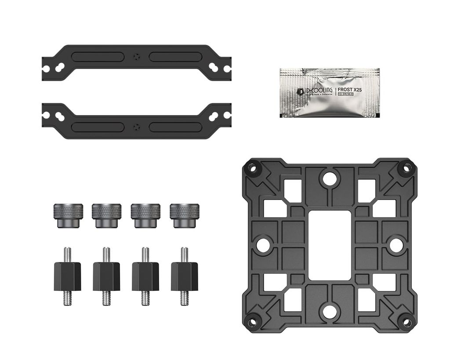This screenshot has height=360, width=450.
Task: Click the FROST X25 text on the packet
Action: [350, 90]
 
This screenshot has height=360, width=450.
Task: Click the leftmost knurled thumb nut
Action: [68, 215]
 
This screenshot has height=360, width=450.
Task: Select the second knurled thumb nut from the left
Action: [106, 215]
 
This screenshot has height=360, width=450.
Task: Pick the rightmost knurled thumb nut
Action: [185, 215]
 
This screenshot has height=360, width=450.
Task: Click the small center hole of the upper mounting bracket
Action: [137, 56]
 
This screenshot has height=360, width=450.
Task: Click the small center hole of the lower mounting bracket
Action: [137, 127]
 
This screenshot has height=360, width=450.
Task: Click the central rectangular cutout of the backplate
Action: [330, 245]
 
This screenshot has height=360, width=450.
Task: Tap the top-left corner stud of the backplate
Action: [252, 168]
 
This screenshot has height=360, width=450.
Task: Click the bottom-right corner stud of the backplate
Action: [406, 323]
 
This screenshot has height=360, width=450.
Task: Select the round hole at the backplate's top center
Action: [329, 178]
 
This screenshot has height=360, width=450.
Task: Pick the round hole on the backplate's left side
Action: [263, 245]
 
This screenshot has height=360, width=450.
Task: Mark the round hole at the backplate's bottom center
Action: [329, 312]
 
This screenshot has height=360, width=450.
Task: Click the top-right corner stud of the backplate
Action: [406, 168]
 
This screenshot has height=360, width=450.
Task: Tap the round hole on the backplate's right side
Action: [396, 245]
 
